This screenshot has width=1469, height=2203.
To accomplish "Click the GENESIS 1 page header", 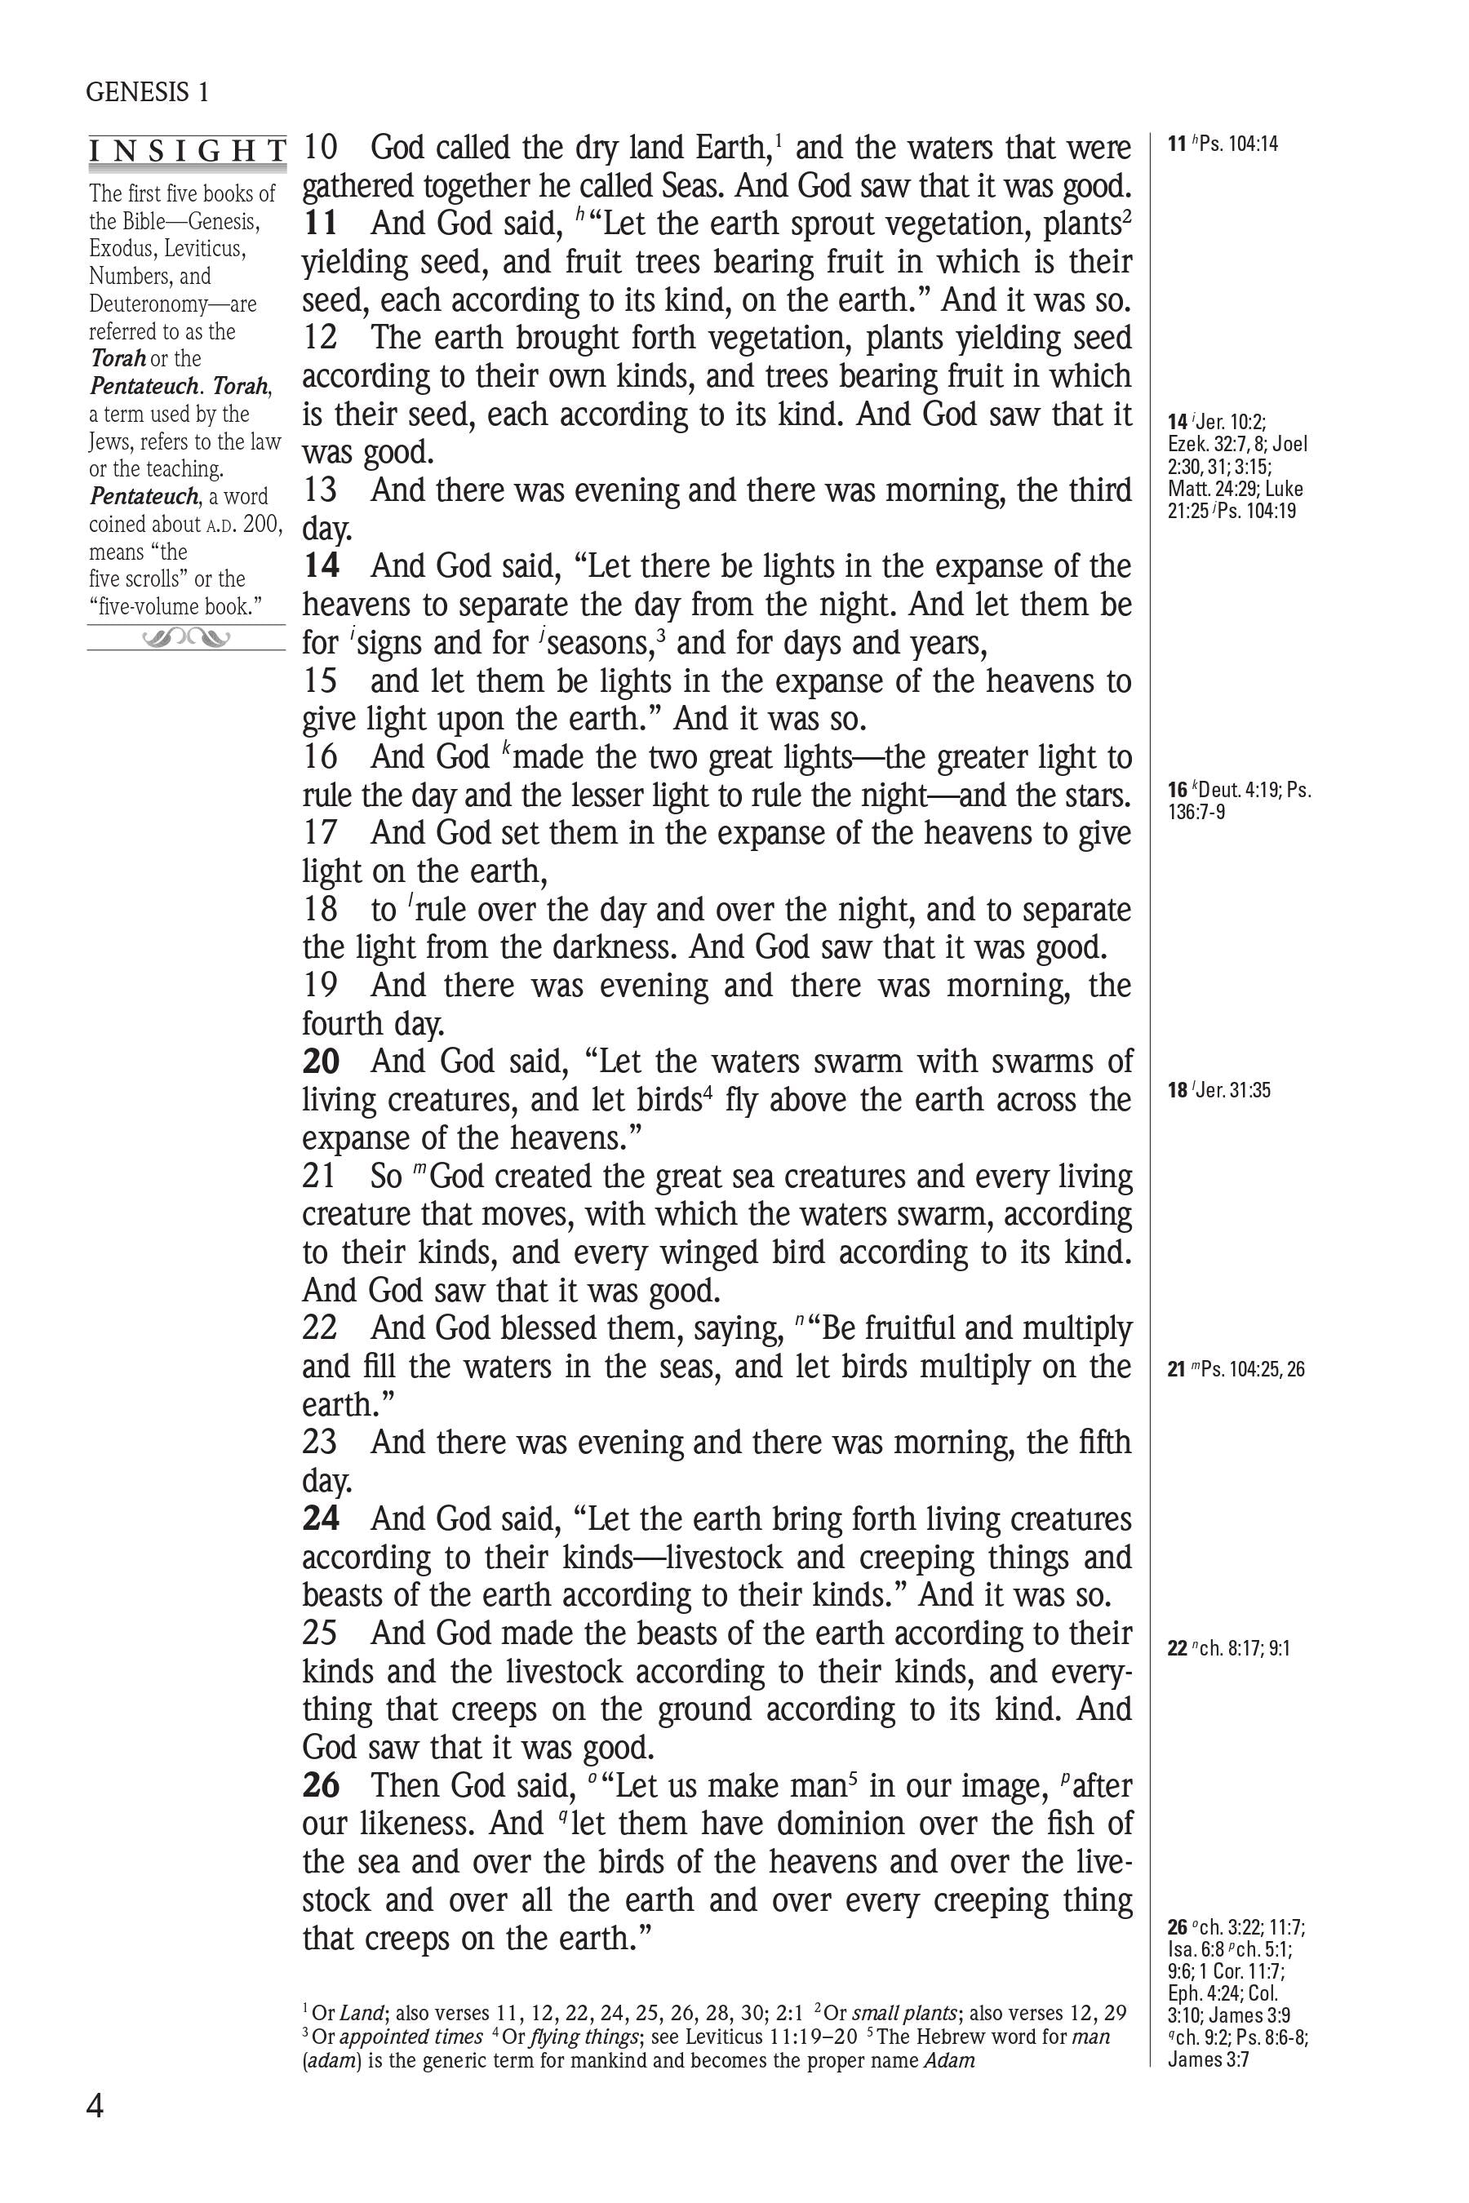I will [x=147, y=91].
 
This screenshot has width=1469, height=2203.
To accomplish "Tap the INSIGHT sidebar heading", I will [x=188, y=152].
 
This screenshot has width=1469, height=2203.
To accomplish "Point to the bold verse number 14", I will [x=321, y=567].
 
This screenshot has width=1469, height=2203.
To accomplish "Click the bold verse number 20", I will [x=321, y=1062].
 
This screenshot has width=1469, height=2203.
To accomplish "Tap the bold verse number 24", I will [x=321, y=1518].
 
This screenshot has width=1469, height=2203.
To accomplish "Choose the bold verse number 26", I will [x=321, y=1785].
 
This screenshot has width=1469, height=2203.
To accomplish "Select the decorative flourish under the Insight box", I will [x=186, y=639].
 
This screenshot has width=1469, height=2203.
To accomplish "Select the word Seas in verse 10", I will [x=691, y=186].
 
